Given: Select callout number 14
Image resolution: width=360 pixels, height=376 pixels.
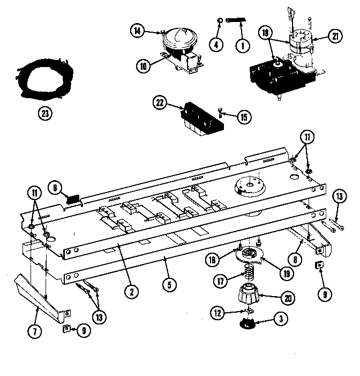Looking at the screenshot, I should click(x=137, y=32).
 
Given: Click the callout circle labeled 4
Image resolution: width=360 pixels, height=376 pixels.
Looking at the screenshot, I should click(x=216, y=45).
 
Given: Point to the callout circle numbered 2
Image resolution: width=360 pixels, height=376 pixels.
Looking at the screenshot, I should click(x=130, y=292).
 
